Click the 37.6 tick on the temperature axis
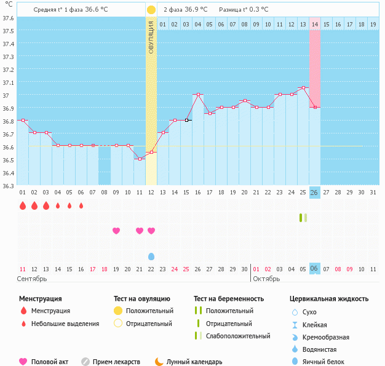[9, 18]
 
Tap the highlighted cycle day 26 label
[314, 193]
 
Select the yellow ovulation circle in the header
[151, 10]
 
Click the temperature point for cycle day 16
[198, 95]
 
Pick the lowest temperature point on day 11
[140, 159]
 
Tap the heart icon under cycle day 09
[116, 231]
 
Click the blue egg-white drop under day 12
[151, 256]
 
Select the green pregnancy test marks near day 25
[303, 217]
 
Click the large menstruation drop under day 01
[23, 205]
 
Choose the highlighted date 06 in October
[314, 269]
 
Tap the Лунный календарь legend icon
[159, 362]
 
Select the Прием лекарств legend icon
[85, 362]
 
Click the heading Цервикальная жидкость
[329, 299]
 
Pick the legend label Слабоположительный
[238, 336]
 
